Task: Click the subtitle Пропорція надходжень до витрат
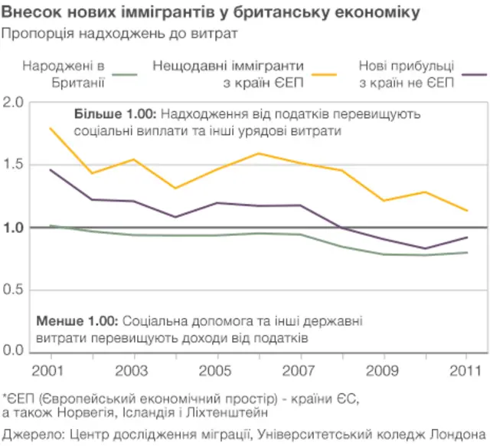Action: pyautogui.click(x=119, y=34)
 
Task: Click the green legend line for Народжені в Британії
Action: pyautogui.click(x=129, y=74)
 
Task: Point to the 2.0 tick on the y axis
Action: pyautogui.click(x=14, y=102)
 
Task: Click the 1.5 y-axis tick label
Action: pyautogui.click(x=14, y=165)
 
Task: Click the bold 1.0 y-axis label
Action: pyautogui.click(x=14, y=228)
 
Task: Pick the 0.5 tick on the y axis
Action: pyautogui.click(x=14, y=290)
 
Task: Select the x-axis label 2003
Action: pyautogui.click(x=133, y=371)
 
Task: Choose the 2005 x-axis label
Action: pyautogui.click(x=217, y=371)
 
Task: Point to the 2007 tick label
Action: pyautogui.click(x=300, y=371)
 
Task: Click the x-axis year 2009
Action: pyautogui.click(x=384, y=371)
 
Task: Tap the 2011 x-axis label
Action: pyautogui.click(x=466, y=371)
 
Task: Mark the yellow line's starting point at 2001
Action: pyautogui.click(x=51, y=128)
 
